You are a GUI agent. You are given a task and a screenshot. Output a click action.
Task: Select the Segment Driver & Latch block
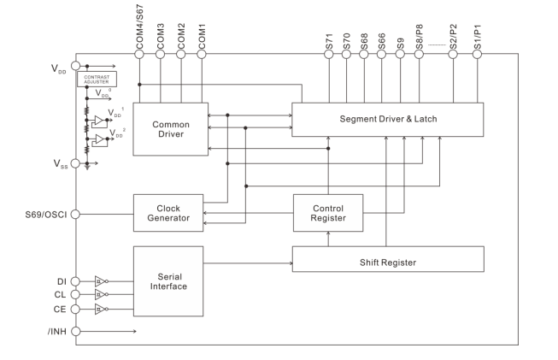tap(387, 118)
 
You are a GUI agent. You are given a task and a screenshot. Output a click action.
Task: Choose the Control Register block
tap(328, 212)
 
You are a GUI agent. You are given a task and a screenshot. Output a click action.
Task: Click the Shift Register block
tap(387, 259)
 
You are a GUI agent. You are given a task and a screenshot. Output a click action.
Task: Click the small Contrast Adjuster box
tap(97, 79)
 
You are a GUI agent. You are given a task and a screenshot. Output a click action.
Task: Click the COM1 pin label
tap(203, 32)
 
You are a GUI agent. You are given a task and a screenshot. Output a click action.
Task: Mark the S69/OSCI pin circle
tap(75, 213)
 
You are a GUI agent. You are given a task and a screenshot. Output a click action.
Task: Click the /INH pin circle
tap(75, 331)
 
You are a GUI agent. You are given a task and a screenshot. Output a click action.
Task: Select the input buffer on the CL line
tap(100, 294)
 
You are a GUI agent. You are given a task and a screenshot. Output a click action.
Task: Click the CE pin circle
tap(75, 310)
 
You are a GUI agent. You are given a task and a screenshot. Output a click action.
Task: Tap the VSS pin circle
tap(75, 162)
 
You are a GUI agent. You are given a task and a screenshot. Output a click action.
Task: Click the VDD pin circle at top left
tap(75, 65)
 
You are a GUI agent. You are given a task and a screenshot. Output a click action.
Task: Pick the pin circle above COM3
tap(161, 54)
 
